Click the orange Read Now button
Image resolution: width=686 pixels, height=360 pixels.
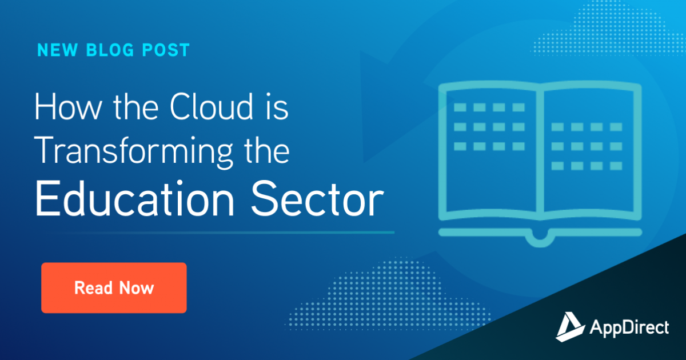[114, 288]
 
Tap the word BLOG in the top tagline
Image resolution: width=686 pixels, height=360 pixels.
[110, 50]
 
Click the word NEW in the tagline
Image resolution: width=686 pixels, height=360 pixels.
[57, 50]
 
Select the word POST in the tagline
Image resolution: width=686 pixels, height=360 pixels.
[166, 50]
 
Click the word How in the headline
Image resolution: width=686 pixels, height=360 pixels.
[67, 107]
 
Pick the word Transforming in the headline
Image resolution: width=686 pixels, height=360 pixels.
[134, 152]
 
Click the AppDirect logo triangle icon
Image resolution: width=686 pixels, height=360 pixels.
[569, 327]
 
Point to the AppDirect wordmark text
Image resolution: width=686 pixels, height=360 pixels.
[629, 328]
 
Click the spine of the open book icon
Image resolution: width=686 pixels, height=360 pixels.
[540, 150]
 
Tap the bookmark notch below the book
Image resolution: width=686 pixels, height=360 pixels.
[540, 239]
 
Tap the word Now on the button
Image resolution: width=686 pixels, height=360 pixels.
[136, 288]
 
